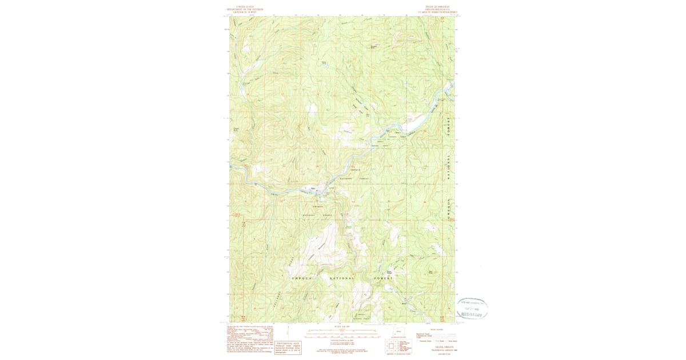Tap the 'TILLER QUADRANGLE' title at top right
pos(437,9)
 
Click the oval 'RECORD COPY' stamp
pos(472,309)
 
